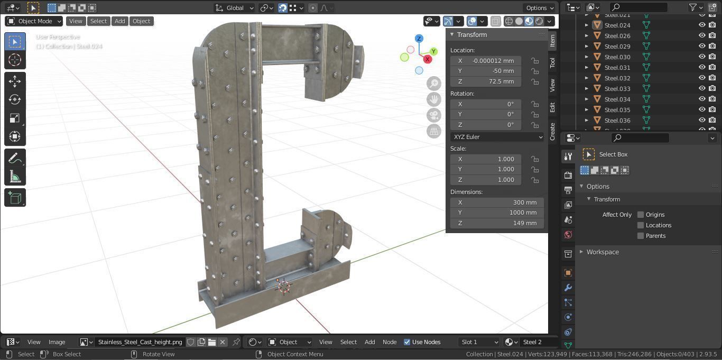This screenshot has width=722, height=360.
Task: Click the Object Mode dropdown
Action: click(x=34, y=21)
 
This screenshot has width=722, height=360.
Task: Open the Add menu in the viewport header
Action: click(x=120, y=21)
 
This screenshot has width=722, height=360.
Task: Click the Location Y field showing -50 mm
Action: click(x=486, y=71)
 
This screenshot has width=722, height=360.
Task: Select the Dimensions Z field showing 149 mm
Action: click(x=486, y=223)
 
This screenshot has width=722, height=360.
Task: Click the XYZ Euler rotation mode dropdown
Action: click(x=497, y=137)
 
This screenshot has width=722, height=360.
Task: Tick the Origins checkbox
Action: click(x=641, y=215)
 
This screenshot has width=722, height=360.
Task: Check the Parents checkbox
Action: click(x=641, y=236)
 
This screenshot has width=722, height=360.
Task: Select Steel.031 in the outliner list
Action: click(x=617, y=68)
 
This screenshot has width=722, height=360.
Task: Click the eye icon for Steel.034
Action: click(x=702, y=99)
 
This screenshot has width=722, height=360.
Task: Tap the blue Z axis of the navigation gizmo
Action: click(x=419, y=39)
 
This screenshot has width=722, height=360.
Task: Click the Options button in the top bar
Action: click(x=539, y=8)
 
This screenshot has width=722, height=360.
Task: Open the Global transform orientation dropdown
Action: click(x=235, y=8)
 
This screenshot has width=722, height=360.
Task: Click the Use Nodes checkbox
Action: click(x=407, y=342)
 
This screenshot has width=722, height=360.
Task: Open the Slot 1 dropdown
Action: click(x=479, y=342)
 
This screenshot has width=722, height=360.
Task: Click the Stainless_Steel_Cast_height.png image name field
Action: click(x=140, y=342)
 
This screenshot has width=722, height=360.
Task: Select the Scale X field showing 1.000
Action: click(x=486, y=159)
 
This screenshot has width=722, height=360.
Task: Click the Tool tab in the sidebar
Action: click(x=552, y=62)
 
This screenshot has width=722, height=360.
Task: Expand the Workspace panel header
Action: click(x=603, y=252)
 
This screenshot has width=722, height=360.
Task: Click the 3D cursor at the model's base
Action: click(x=284, y=286)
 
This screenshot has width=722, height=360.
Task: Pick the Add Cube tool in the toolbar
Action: click(x=15, y=198)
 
